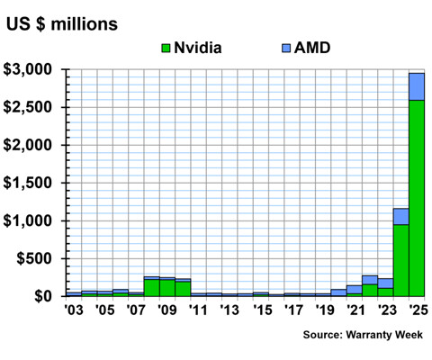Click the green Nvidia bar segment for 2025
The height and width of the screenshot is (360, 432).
(417, 198)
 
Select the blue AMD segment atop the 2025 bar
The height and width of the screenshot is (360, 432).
(417, 86)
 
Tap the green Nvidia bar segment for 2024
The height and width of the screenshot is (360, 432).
(400, 260)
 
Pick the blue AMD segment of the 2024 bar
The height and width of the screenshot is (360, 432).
(400, 216)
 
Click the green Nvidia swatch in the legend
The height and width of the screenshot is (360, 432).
(165, 47)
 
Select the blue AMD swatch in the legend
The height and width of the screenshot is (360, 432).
(287, 47)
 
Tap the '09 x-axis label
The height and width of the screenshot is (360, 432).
(166, 311)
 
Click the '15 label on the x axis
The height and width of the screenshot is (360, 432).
(261, 311)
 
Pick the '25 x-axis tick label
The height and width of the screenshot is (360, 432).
(417, 311)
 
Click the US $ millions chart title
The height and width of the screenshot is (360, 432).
(61, 23)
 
